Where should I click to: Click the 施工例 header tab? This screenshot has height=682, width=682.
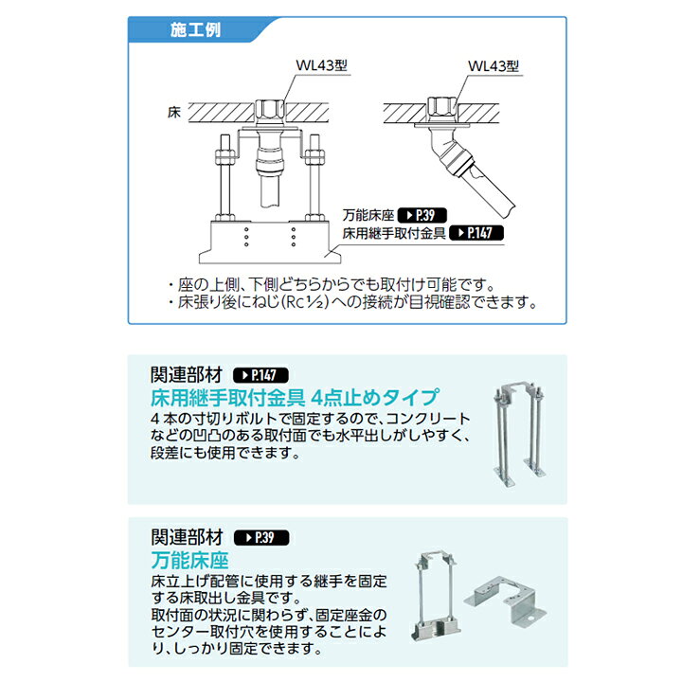194,29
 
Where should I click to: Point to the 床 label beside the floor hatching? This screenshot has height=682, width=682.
173,112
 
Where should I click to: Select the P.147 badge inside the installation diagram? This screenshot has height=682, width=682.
475,233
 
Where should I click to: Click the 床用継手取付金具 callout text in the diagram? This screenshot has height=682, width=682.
392,233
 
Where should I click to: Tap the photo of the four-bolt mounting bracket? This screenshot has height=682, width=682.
519,431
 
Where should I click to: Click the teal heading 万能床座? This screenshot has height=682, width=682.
189,559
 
